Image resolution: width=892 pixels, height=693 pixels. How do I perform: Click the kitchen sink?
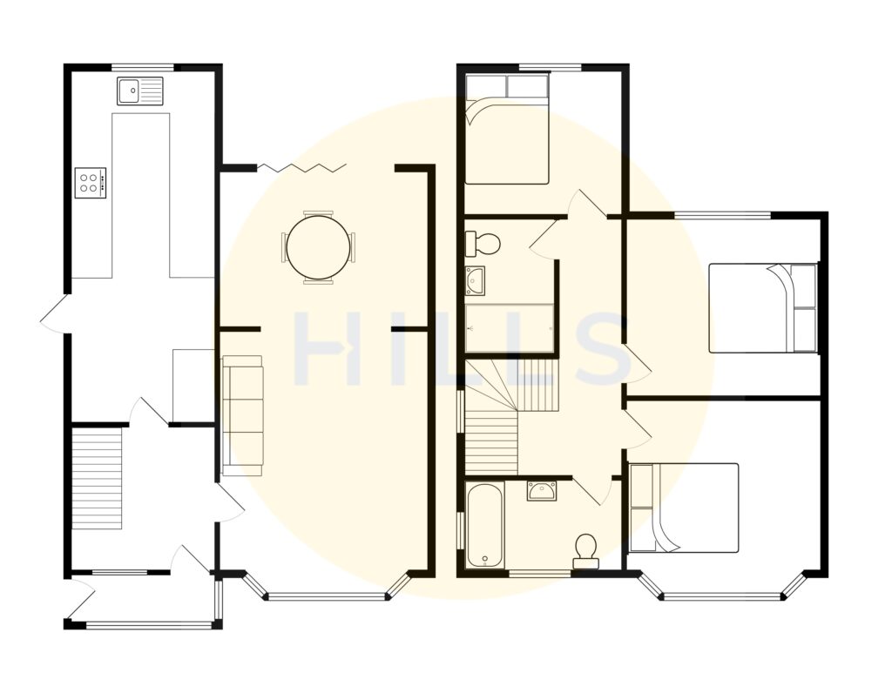point(140,91)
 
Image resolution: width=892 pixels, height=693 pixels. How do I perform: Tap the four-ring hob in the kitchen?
point(91,183)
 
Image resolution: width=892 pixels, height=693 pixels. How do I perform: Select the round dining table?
point(318,247)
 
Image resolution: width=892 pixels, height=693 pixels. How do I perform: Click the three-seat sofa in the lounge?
point(242,415)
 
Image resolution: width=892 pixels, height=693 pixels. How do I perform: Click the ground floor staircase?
point(97,477)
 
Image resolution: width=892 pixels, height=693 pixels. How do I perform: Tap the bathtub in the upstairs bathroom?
point(483,526)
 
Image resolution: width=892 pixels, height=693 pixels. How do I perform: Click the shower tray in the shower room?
point(510,328)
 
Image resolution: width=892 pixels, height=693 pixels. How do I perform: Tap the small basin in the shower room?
point(476,280)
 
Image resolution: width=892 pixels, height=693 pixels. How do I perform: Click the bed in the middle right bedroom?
point(763,307)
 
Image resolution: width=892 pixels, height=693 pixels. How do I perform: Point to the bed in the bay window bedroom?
point(685,508)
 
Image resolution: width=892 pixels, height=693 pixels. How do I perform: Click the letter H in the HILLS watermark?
point(327,349)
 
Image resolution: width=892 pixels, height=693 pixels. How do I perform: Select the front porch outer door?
point(80,602)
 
